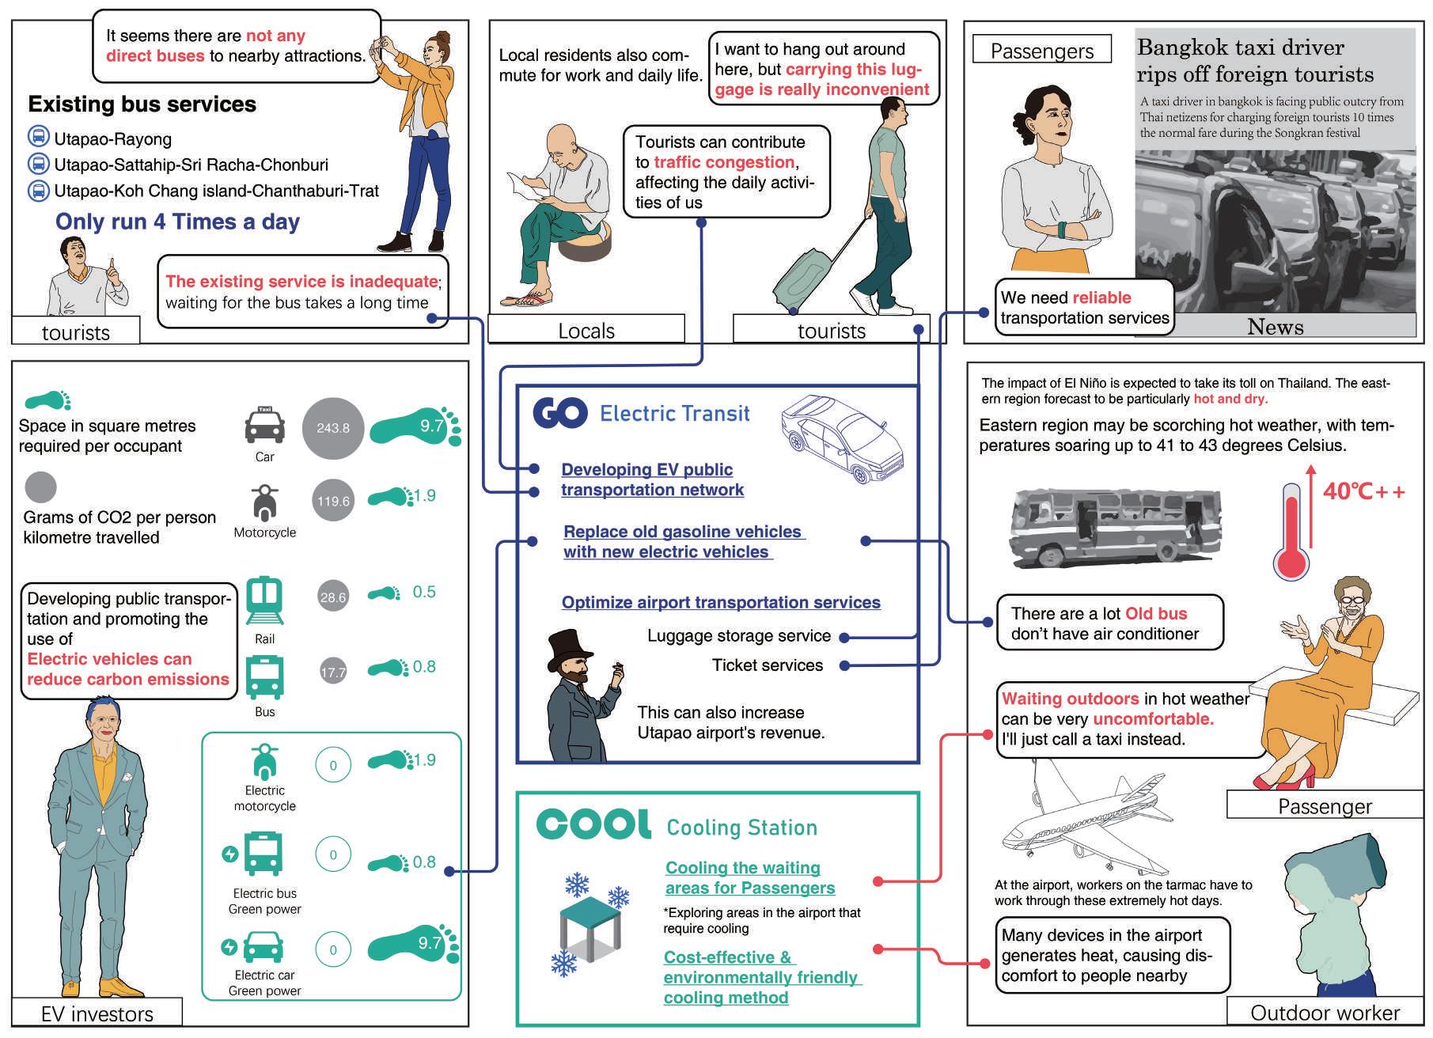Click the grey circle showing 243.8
tap(333, 428)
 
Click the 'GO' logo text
tap(560, 413)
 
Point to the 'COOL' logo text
tap(593, 824)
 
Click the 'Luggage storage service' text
tap(738, 636)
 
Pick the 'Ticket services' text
tap(767, 665)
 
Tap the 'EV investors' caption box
tap(97, 1013)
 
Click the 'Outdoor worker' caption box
tap(1325, 1013)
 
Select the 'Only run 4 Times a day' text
tap(177, 222)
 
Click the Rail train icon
tap(264, 600)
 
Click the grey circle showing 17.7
tap(333, 672)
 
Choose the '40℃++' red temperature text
tap(1363, 491)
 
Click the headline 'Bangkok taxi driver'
tap(1240, 47)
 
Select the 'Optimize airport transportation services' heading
tap(721, 602)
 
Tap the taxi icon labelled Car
tap(264, 426)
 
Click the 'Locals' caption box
tap(586, 331)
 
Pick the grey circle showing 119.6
tap(333, 501)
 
